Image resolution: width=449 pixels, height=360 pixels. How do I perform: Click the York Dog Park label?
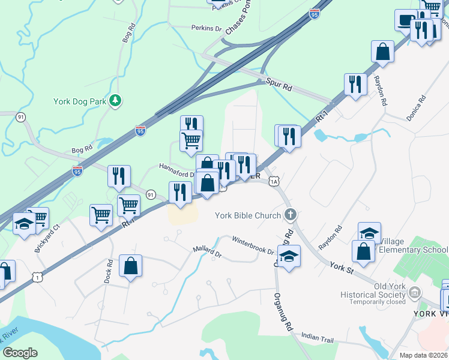pyautogui.click(x=80, y=101)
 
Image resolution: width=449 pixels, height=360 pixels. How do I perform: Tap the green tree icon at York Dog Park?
pyautogui.click(x=114, y=101)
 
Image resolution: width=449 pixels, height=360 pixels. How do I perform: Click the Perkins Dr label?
pyautogui.click(x=206, y=28)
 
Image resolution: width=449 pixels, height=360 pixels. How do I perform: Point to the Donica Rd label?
pyautogui.click(x=415, y=108)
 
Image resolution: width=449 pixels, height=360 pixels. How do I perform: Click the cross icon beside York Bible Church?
pyautogui.click(x=291, y=214)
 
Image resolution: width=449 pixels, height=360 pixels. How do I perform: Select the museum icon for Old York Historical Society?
pyautogui.click(x=414, y=293)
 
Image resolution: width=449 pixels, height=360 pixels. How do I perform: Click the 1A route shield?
pyautogui.click(x=274, y=181)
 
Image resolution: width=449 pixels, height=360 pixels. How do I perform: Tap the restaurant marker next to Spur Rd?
pyautogui.click(x=355, y=85)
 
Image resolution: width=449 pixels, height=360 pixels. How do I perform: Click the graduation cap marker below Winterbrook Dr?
pyautogui.click(x=289, y=257)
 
